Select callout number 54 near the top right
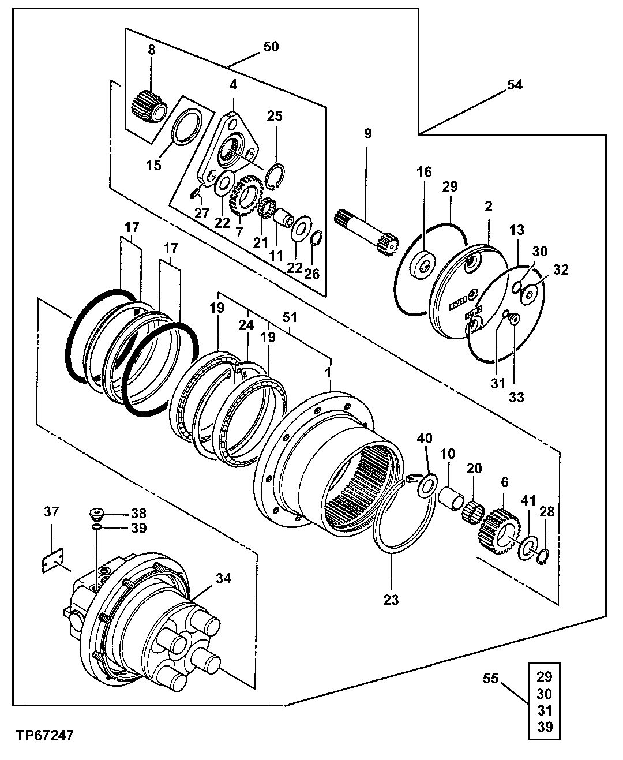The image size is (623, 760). click(x=515, y=85)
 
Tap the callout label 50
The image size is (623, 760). click(x=271, y=47)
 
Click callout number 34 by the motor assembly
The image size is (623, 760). click(x=223, y=578)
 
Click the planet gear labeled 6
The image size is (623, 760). click(x=500, y=530)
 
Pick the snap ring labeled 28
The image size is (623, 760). click(x=543, y=556)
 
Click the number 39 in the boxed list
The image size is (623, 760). click(x=544, y=727)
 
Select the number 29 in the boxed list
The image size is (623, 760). click(x=544, y=677)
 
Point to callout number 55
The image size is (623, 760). click(x=491, y=679)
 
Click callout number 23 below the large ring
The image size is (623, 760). click(x=391, y=600)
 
